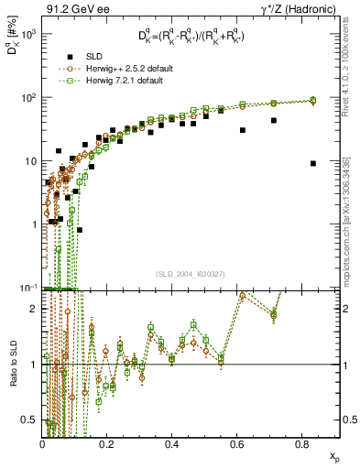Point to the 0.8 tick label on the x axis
[301, 443]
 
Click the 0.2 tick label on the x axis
[107, 443]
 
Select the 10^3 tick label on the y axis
[27, 34]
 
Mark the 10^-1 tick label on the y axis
[27, 287]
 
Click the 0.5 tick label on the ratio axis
[29, 420]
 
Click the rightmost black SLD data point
[313, 163]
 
